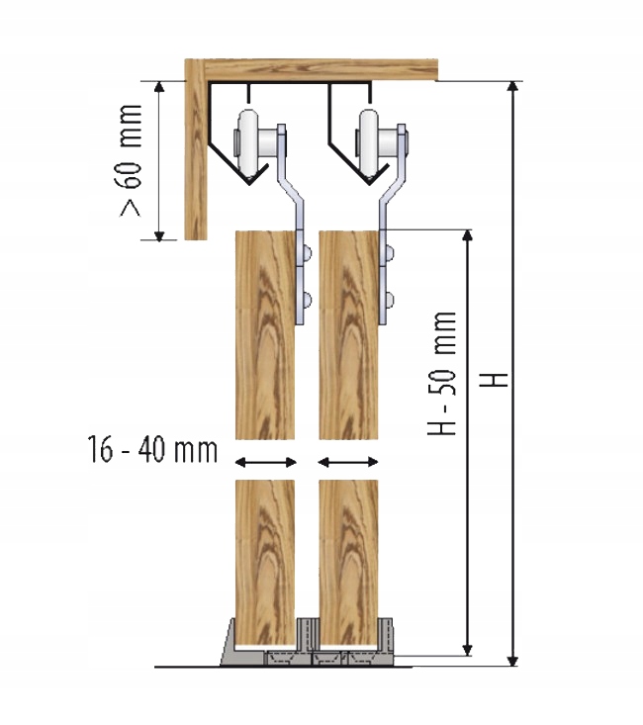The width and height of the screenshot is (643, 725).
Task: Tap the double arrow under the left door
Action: point(264,461)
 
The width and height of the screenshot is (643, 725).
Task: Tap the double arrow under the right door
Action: point(348,461)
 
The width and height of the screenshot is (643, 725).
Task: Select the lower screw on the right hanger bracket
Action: point(393,298)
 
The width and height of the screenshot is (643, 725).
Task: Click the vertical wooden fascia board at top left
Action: point(196,158)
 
